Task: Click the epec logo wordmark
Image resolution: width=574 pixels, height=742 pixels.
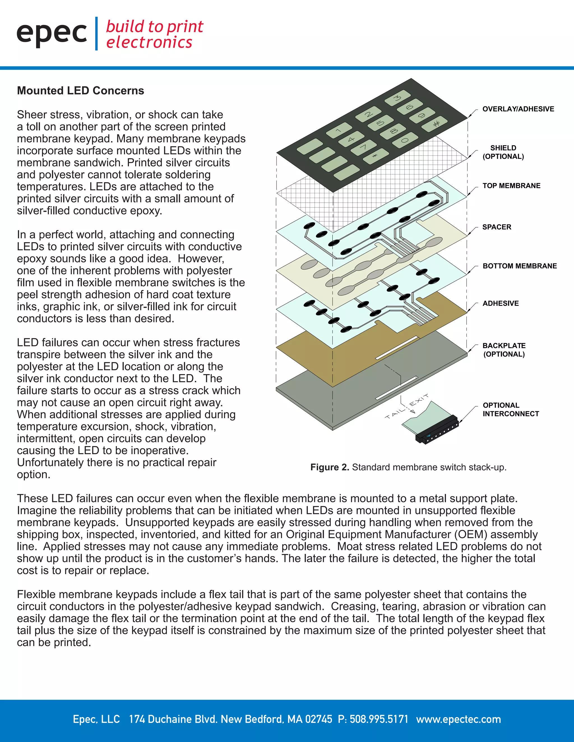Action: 52,34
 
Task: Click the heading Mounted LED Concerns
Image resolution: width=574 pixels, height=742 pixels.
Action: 81,91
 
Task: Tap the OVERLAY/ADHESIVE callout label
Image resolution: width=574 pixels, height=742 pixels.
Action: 518,109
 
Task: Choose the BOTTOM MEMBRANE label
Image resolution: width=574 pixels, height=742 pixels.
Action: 520,266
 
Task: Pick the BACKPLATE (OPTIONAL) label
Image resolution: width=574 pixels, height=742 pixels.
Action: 504,350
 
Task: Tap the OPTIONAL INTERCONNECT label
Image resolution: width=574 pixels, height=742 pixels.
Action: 511,409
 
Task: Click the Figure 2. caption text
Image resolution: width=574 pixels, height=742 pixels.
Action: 408,468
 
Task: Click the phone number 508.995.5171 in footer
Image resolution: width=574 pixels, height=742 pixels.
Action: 379,719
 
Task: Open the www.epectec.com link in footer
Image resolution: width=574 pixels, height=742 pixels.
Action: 458,719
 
